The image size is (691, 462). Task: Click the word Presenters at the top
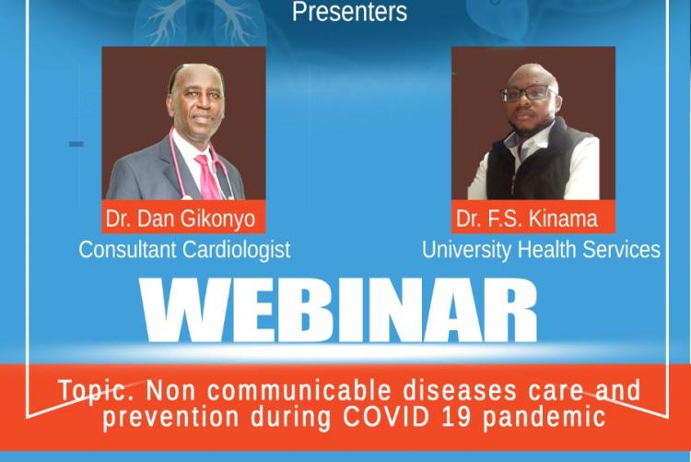[x=349, y=11]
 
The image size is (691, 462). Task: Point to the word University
[x=467, y=250]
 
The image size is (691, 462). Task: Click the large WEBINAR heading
[x=338, y=311]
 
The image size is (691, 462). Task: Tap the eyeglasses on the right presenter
[x=528, y=93]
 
